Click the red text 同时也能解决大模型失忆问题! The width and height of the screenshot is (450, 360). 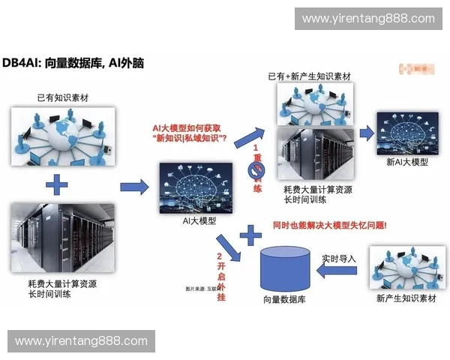330,225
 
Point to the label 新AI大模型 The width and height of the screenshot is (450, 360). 407,162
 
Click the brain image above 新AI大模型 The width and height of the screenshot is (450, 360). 406,133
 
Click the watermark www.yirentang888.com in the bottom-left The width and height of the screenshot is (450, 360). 81,341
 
